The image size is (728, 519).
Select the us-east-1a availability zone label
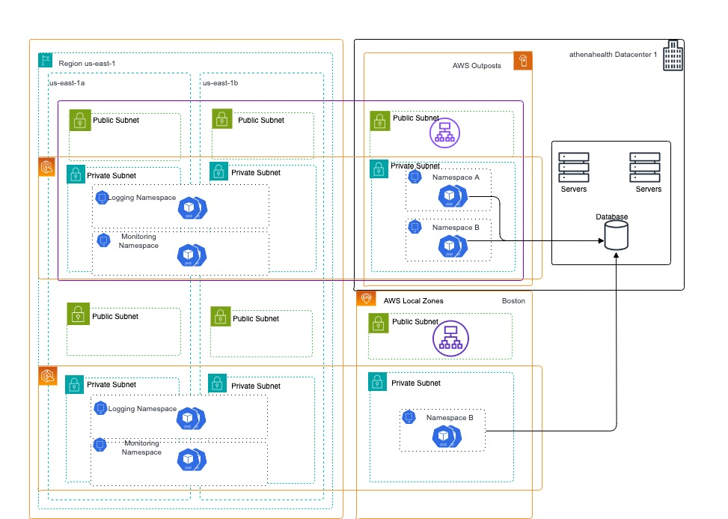tap(67, 83)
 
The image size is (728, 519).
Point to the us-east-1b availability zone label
tap(220, 83)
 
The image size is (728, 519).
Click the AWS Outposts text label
tap(477, 66)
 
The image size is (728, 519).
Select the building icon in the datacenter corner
tap(673, 56)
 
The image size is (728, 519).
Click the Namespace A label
tap(456, 177)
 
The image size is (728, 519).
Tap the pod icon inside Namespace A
tap(451, 197)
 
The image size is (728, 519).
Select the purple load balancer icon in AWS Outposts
tap(444, 133)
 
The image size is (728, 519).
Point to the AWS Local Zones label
tap(413, 301)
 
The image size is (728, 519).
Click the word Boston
tap(513, 301)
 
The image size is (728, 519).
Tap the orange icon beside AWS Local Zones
tap(367, 299)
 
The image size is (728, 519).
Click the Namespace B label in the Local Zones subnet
tap(450, 418)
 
